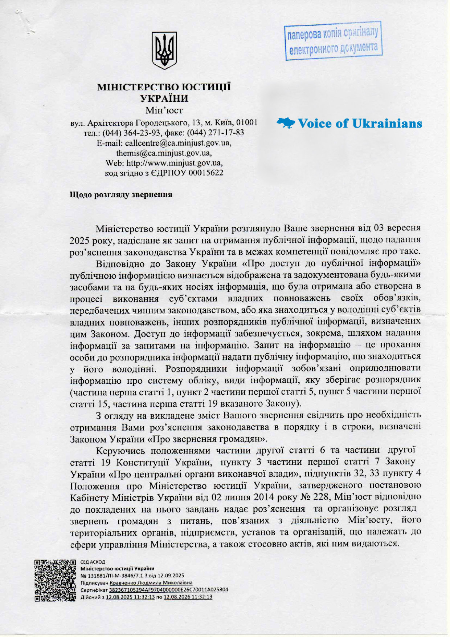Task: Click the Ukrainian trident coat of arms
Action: click(164, 51)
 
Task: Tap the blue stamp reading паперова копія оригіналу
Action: click(333, 41)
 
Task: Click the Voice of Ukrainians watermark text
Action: click(360, 124)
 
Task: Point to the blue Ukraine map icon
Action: click(286, 123)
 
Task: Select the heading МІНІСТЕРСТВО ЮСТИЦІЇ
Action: click(164, 87)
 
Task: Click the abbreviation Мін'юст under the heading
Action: click(164, 110)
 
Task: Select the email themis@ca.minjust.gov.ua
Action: click(164, 153)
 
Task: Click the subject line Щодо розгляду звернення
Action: click(121, 195)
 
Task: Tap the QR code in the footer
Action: click(55, 581)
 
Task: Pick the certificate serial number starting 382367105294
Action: click(169, 589)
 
